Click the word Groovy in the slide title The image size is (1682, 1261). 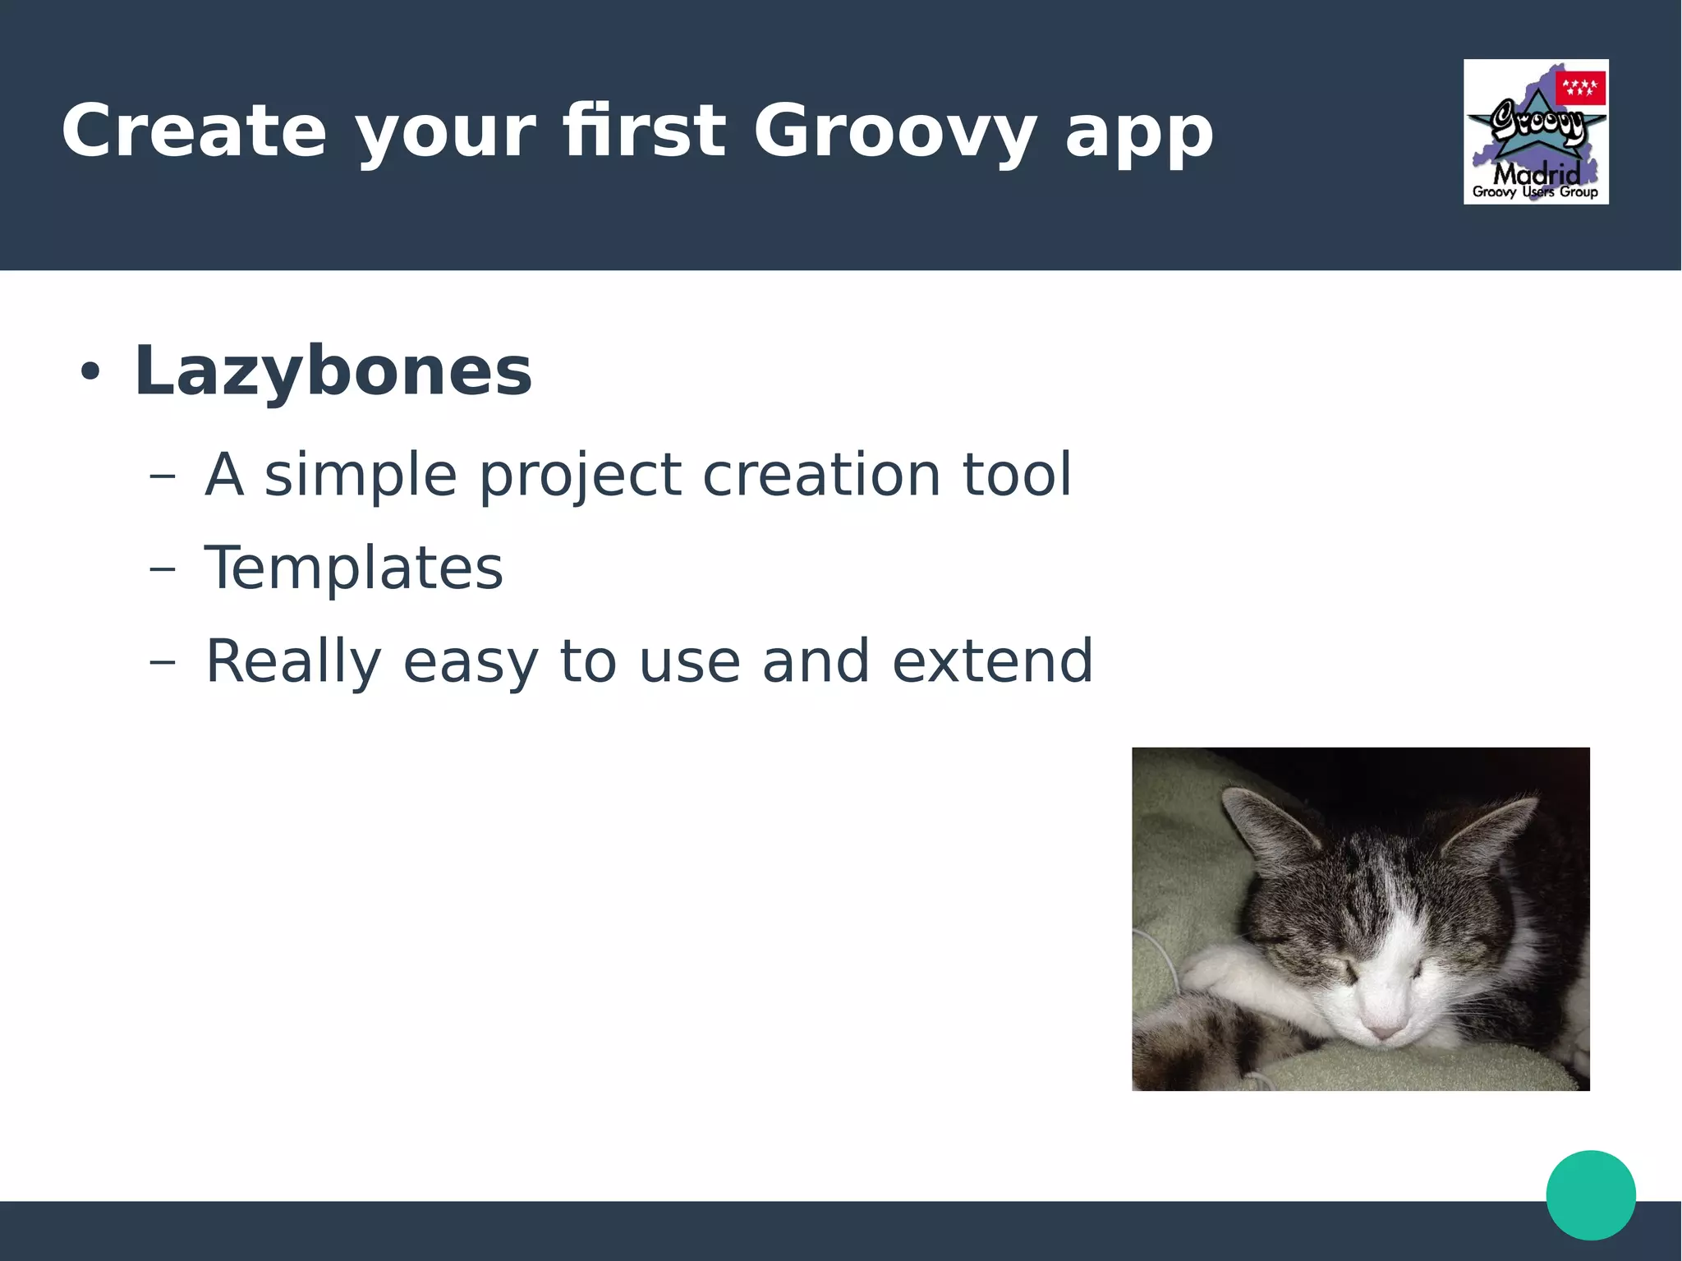[x=894, y=131]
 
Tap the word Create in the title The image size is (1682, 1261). [x=194, y=131]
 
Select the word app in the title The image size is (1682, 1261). [x=1138, y=136]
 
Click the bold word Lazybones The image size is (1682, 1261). [x=333, y=371]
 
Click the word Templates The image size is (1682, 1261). [x=353, y=568]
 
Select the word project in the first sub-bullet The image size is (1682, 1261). [x=580, y=476]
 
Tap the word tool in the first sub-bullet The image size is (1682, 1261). [x=1017, y=474]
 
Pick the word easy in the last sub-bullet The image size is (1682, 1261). [x=470, y=664]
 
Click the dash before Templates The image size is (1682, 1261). [x=163, y=568]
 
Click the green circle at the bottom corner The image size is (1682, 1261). [x=1590, y=1194]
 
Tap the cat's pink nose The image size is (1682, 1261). [x=1385, y=1030]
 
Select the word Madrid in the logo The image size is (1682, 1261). [x=1536, y=173]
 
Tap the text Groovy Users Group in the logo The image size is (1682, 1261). [x=1535, y=192]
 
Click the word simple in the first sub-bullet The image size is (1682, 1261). [x=360, y=476]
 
